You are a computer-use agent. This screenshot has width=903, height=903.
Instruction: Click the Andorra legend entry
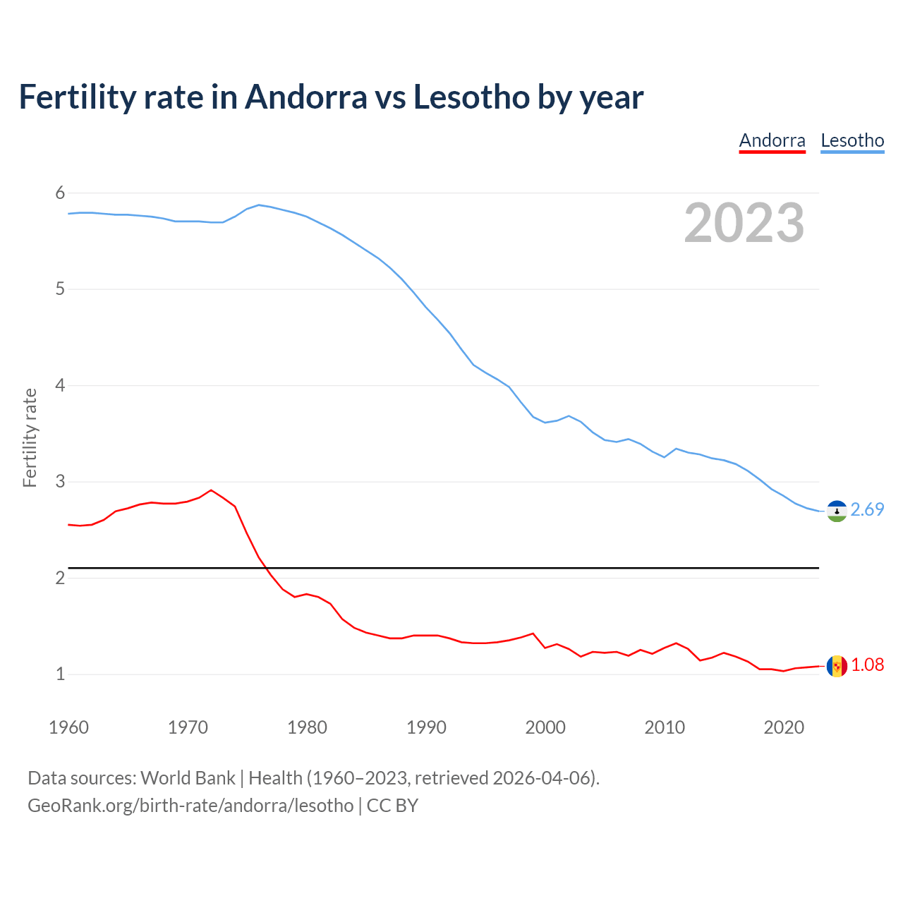(772, 140)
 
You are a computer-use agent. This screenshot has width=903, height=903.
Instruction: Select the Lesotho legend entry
(852, 140)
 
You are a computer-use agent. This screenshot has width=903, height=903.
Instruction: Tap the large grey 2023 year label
(744, 223)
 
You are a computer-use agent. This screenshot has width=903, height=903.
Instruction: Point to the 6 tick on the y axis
(60, 193)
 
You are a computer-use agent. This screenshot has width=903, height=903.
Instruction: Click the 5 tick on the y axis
(60, 289)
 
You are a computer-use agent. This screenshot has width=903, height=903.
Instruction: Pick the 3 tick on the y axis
(60, 482)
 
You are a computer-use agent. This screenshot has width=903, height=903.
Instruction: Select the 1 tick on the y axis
(60, 674)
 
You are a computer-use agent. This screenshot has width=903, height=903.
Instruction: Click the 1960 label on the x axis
(68, 727)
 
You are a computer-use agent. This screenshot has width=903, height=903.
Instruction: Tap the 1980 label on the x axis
(307, 727)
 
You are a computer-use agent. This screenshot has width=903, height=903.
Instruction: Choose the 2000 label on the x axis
(545, 727)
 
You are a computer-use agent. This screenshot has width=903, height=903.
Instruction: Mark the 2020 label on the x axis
(784, 727)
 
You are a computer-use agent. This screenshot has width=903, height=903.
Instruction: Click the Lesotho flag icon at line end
(837, 511)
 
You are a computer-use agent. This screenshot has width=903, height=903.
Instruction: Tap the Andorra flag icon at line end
(837, 666)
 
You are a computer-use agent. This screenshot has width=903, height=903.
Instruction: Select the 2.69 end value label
(867, 509)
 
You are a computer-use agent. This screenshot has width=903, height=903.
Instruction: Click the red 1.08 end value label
(867, 665)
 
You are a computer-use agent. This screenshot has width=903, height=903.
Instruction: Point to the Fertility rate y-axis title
(30, 437)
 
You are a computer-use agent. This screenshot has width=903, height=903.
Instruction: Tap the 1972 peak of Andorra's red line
(211, 490)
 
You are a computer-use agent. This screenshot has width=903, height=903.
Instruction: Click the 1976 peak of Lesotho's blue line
(259, 205)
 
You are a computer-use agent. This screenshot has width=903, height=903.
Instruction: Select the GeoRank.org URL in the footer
(190, 806)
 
